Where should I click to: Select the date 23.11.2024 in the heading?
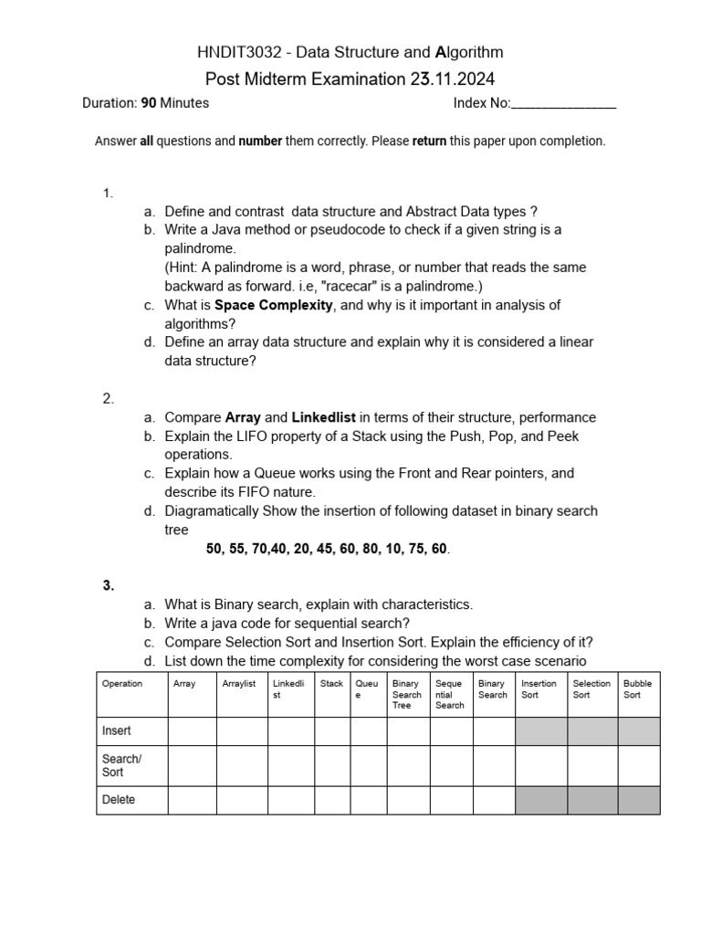coord(453,79)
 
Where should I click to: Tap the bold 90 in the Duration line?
coord(148,103)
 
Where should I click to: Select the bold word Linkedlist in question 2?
coord(324,417)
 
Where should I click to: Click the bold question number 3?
coord(109,586)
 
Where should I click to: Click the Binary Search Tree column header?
coord(407,694)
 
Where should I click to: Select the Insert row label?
coord(117,731)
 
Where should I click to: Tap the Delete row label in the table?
coord(119,800)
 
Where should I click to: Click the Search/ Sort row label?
coord(122,765)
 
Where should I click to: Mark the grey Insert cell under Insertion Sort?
coord(541,731)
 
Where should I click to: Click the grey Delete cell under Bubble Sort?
coord(638,800)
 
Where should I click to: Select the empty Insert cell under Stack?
coord(332,731)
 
